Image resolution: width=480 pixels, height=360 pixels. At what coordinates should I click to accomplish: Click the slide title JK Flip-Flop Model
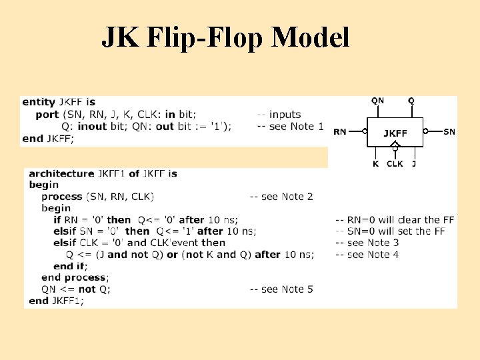point(225,38)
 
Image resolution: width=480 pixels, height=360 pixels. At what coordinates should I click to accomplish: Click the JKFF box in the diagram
point(395,133)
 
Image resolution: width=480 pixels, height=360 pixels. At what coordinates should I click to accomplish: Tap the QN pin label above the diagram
point(377,101)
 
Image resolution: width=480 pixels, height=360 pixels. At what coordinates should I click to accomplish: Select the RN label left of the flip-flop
point(340,132)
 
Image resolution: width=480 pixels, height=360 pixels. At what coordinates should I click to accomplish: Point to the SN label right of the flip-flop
point(449,132)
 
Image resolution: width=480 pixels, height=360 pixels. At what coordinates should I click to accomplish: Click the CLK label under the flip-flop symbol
point(395,163)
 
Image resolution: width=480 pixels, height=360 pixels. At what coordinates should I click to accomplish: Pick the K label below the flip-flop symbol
point(375,163)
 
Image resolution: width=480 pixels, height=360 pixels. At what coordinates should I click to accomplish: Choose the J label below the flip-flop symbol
point(414,163)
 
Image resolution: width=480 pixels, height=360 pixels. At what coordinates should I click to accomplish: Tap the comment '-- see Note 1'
point(290,127)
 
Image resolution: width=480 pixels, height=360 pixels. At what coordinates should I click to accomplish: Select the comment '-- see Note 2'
point(281,197)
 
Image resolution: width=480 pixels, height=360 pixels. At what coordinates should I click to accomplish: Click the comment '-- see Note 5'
point(281,289)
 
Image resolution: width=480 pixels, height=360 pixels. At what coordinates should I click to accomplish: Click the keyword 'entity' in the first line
point(39,102)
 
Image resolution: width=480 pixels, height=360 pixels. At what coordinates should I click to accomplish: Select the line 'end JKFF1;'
point(57,301)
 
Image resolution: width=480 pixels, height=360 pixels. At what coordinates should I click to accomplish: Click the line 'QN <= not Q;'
point(76,289)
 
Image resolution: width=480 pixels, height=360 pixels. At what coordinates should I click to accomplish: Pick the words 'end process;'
point(75,277)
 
